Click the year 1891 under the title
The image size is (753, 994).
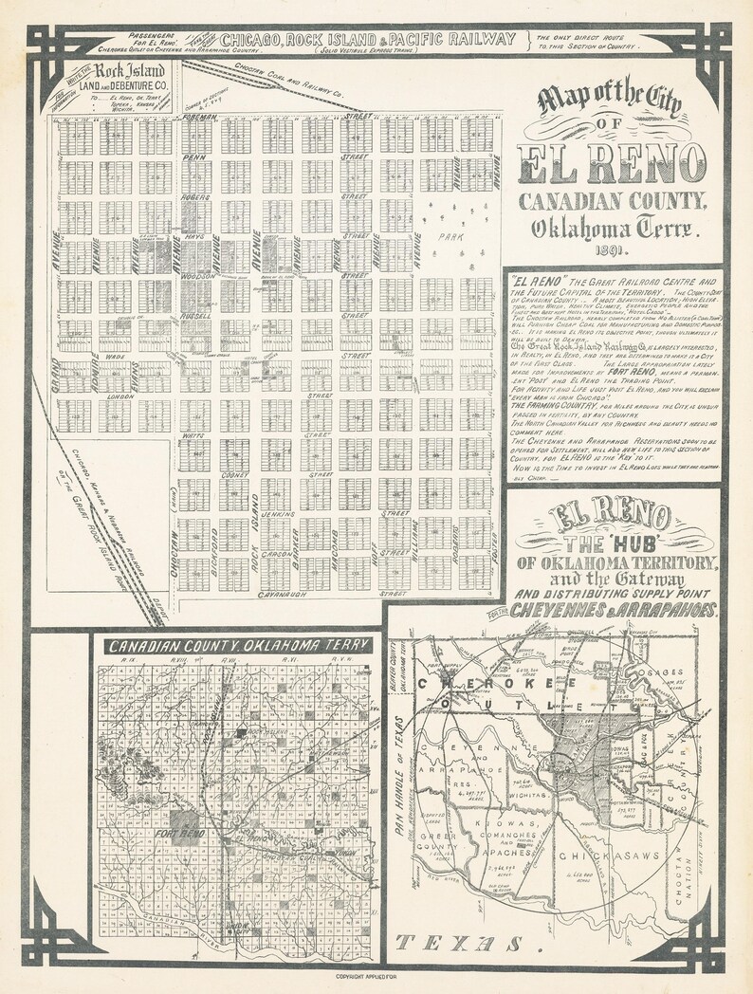coord(613,253)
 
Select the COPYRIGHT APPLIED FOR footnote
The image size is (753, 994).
coord(376,976)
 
